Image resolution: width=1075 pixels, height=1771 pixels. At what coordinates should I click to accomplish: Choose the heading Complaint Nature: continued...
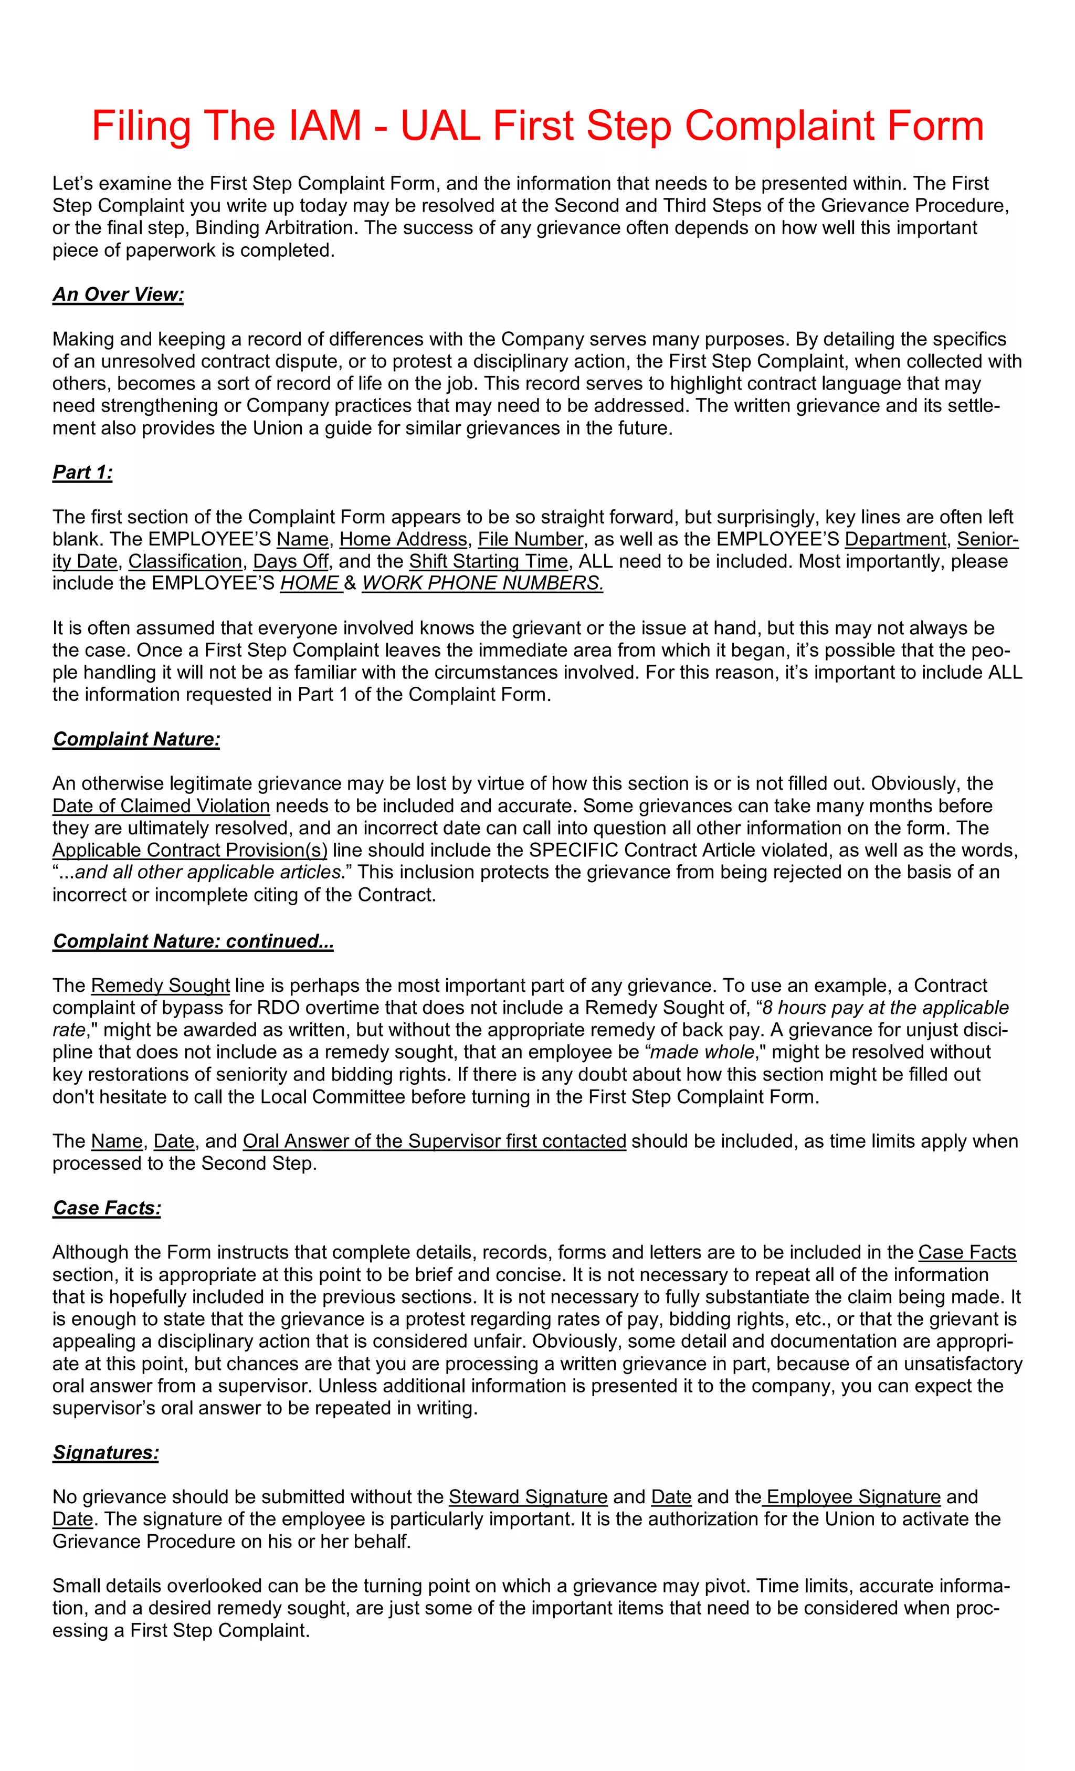pos(193,941)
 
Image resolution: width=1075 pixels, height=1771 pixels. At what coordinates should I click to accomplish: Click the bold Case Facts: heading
pos(107,1208)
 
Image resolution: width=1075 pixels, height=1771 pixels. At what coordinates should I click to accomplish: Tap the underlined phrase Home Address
pos(403,539)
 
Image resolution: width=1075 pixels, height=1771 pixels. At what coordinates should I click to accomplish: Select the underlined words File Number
pos(530,539)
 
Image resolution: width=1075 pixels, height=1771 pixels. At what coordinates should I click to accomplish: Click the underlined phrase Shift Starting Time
pos(489,561)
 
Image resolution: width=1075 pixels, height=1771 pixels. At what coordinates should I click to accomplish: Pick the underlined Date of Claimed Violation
pos(161,806)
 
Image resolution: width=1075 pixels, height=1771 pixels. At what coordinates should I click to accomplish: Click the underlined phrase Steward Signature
pos(528,1497)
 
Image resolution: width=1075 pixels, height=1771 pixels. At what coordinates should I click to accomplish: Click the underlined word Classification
pos(185,561)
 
